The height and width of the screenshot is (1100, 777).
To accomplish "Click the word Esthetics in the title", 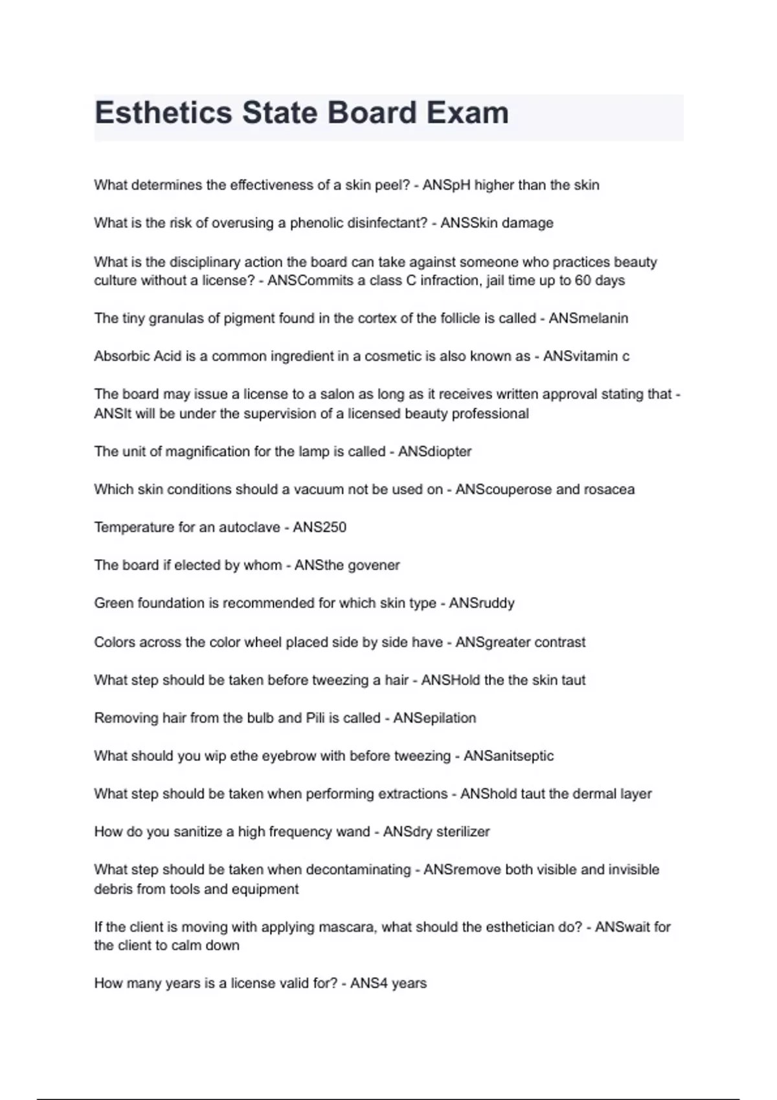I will (x=163, y=113).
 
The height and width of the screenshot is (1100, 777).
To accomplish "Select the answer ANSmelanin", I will (x=588, y=318).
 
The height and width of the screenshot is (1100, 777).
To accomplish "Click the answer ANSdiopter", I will (x=434, y=452).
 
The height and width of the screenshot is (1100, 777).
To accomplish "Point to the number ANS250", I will (x=319, y=527).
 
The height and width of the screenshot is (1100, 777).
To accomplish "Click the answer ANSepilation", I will (x=434, y=718).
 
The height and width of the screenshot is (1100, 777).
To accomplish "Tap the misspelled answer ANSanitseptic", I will (x=508, y=756).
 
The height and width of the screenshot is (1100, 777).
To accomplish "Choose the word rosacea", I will (x=609, y=489).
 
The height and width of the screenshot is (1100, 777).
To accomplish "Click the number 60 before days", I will (x=583, y=281).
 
